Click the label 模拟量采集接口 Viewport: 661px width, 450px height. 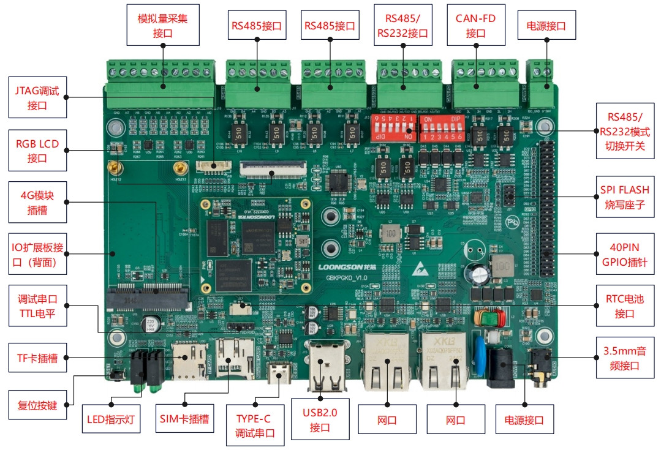[x=163, y=25]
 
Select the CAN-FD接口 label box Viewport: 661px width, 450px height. [x=475, y=25]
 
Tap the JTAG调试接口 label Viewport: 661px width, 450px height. [x=37, y=98]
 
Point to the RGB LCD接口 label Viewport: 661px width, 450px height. [x=37, y=151]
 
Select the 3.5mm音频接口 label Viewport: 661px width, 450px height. [x=625, y=358]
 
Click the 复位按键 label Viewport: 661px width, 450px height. [x=37, y=404]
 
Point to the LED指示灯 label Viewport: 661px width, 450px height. [x=111, y=420]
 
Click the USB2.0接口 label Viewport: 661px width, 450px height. [x=320, y=419]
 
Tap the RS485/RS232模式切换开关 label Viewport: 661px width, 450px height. [x=625, y=131]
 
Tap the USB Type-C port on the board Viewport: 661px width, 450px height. [x=282, y=372]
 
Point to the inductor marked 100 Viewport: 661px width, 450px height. [x=502, y=266]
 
